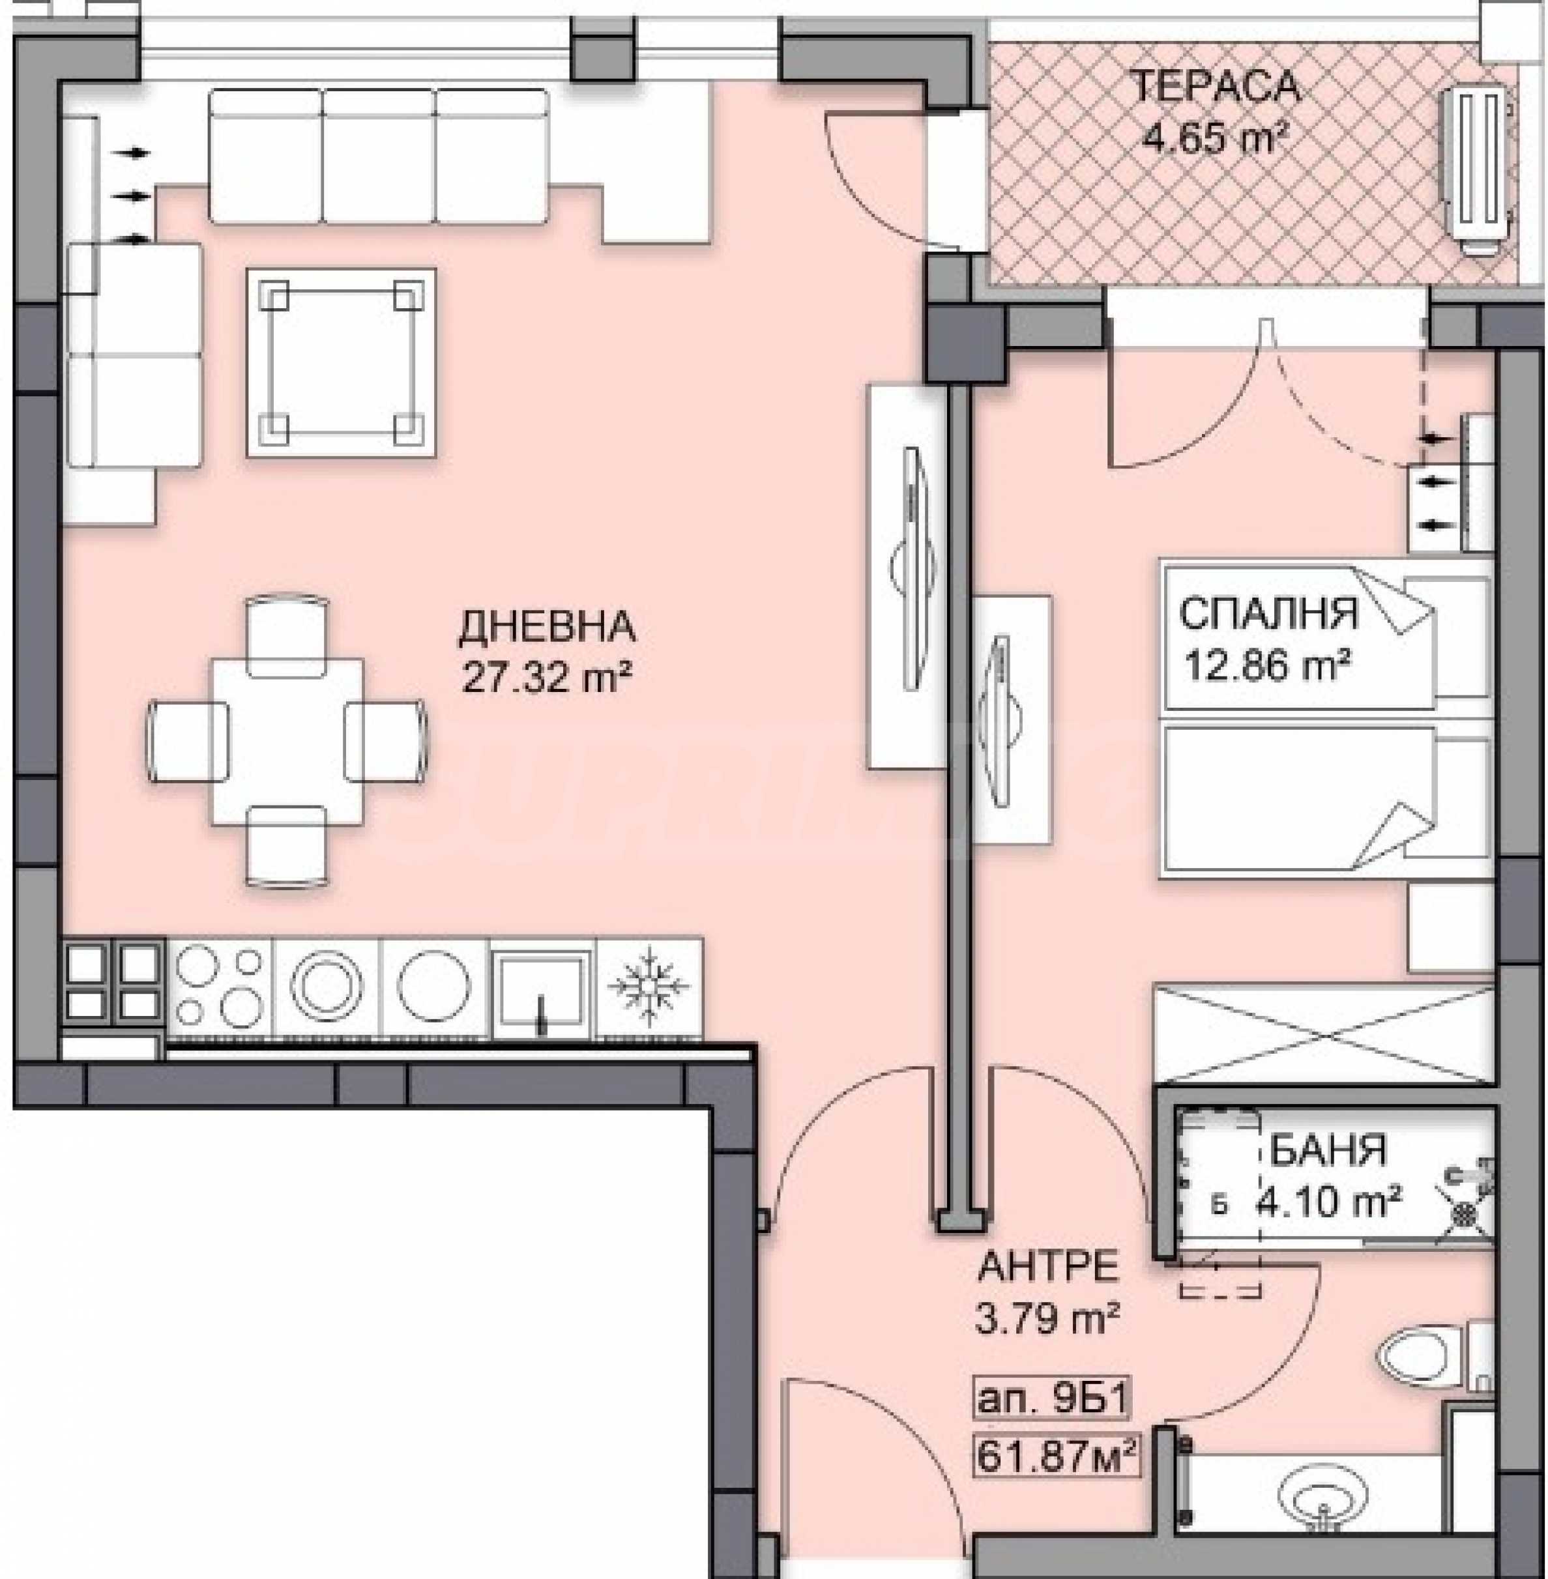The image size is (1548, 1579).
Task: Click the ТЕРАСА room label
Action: point(1216,86)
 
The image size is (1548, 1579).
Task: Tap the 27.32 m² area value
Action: point(547,676)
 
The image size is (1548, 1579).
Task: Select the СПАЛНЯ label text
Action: point(1268,614)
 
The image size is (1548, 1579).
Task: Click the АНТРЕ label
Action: point(1048,1267)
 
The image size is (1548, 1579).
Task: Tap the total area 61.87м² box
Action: point(1055,1455)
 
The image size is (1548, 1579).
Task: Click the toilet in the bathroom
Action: point(1434,1356)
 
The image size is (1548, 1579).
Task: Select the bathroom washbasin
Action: point(1322,1496)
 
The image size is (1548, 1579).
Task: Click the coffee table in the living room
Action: point(342,362)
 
